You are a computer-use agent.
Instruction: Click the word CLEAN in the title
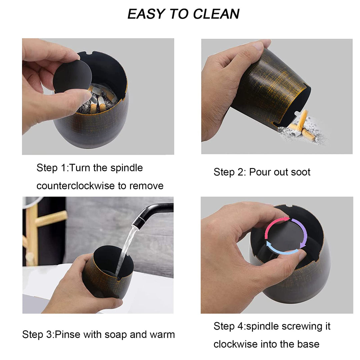pos(216,14)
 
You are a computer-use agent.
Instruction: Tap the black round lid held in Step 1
pos(73,74)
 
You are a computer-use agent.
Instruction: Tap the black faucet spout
pos(153,212)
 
